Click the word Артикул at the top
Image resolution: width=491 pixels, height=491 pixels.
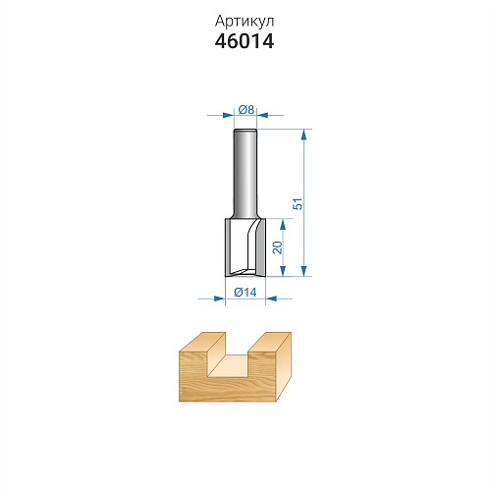[245, 22]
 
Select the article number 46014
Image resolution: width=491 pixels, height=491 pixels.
[245, 41]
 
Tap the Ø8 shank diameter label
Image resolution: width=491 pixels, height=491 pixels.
[246, 110]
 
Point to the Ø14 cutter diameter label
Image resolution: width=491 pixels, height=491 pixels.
[245, 292]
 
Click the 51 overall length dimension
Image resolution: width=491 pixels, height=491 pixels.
[298, 203]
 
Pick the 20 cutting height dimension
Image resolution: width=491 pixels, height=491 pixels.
[277, 247]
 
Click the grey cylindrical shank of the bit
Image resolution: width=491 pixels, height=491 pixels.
[245, 174]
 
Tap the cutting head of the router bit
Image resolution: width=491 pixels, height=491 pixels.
[245, 247]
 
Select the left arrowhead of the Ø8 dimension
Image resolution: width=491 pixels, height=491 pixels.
[229, 115]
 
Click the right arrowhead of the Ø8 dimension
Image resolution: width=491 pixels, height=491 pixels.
[262, 115]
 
